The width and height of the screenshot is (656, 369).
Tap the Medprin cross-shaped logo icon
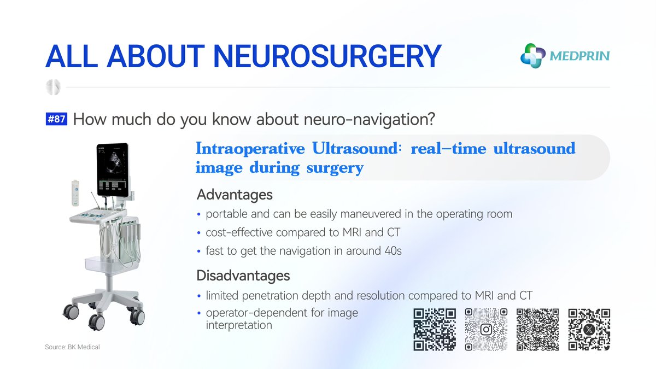pyautogui.click(x=533, y=56)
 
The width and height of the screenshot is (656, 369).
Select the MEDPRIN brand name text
pyautogui.click(x=580, y=56)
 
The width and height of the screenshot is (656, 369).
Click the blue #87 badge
pyautogui.click(x=56, y=120)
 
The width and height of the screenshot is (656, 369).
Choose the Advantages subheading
pyautogui.click(x=235, y=195)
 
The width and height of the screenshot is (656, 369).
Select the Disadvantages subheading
pyautogui.click(x=243, y=275)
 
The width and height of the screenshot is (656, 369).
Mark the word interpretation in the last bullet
pyautogui.click(x=239, y=325)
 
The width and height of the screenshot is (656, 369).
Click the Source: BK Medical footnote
pyautogui.click(x=72, y=347)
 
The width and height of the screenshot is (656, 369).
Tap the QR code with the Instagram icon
pyautogui.click(x=486, y=330)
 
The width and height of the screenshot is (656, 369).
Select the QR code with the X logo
pyautogui.click(x=589, y=330)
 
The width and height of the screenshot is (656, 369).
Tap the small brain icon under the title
pyautogui.click(x=54, y=87)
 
